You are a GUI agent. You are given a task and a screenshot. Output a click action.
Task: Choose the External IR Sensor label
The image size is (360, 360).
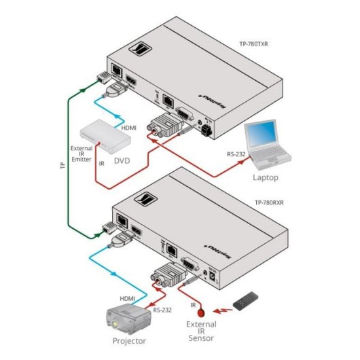click(201, 333)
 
